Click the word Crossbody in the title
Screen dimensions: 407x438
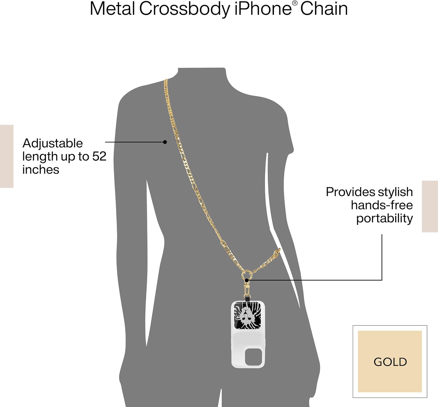[x=185, y=9]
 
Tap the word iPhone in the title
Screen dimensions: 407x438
[x=263, y=9]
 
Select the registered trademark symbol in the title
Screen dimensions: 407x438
[x=295, y=3]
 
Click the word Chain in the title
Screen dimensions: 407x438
[x=324, y=9]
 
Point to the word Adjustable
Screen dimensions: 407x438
[x=53, y=143]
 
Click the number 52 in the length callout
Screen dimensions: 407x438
[x=99, y=157]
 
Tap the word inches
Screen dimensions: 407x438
[x=41, y=170]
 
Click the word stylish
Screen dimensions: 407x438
[x=395, y=192]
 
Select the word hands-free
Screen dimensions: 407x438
[x=382, y=205]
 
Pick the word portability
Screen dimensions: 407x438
[x=384, y=219]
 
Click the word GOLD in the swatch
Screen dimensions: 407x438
[x=390, y=362]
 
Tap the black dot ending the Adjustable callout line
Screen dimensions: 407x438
[x=165, y=142]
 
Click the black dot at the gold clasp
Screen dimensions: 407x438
[x=247, y=280]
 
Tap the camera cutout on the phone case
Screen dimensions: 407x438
[x=253, y=356]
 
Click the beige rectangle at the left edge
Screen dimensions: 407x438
[x=6, y=156]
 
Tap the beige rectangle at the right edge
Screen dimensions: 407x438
[x=430, y=206]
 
